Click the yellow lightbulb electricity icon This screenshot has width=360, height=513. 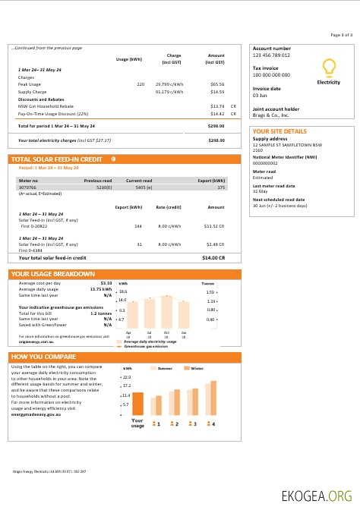(328, 68)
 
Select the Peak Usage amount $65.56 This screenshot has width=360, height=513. (217, 84)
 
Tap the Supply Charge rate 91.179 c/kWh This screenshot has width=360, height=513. (169, 91)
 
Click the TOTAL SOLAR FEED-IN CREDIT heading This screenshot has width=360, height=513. (57, 159)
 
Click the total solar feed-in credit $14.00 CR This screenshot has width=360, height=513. (214, 258)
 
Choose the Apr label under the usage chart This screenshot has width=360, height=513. (128, 332)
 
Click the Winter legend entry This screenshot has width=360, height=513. (196, 368)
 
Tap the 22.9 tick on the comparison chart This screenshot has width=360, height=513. (126, 376)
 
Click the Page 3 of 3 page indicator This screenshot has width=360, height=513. (341, 35)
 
